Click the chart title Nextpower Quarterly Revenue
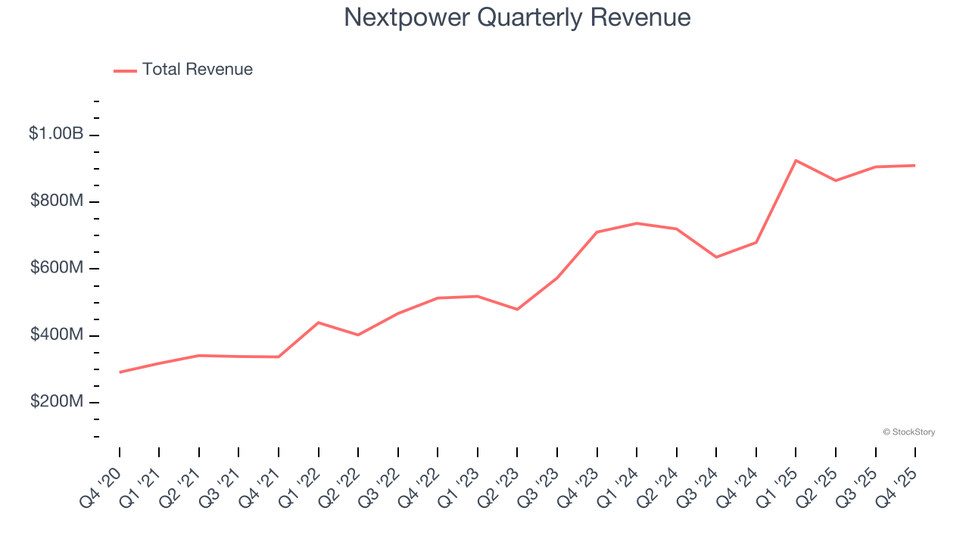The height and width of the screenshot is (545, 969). tap(517, 17)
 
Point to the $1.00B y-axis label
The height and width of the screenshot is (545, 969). tap(56, 134)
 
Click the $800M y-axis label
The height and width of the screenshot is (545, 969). tap(57, 201)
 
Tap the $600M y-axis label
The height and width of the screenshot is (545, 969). tap(57, 268)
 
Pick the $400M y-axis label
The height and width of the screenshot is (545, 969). tap(57, 335)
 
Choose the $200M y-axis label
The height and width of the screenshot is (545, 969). tap(57, 401)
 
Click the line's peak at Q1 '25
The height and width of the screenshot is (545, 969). tap(796, 160)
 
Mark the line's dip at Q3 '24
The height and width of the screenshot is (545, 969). tap(716, 257)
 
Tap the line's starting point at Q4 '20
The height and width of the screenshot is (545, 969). tap(120, 372)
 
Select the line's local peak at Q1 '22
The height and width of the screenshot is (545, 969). tap(319, 322)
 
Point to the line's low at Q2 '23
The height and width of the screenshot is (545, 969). tap(517, 310)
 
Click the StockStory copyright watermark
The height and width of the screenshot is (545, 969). tap(908, 432)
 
